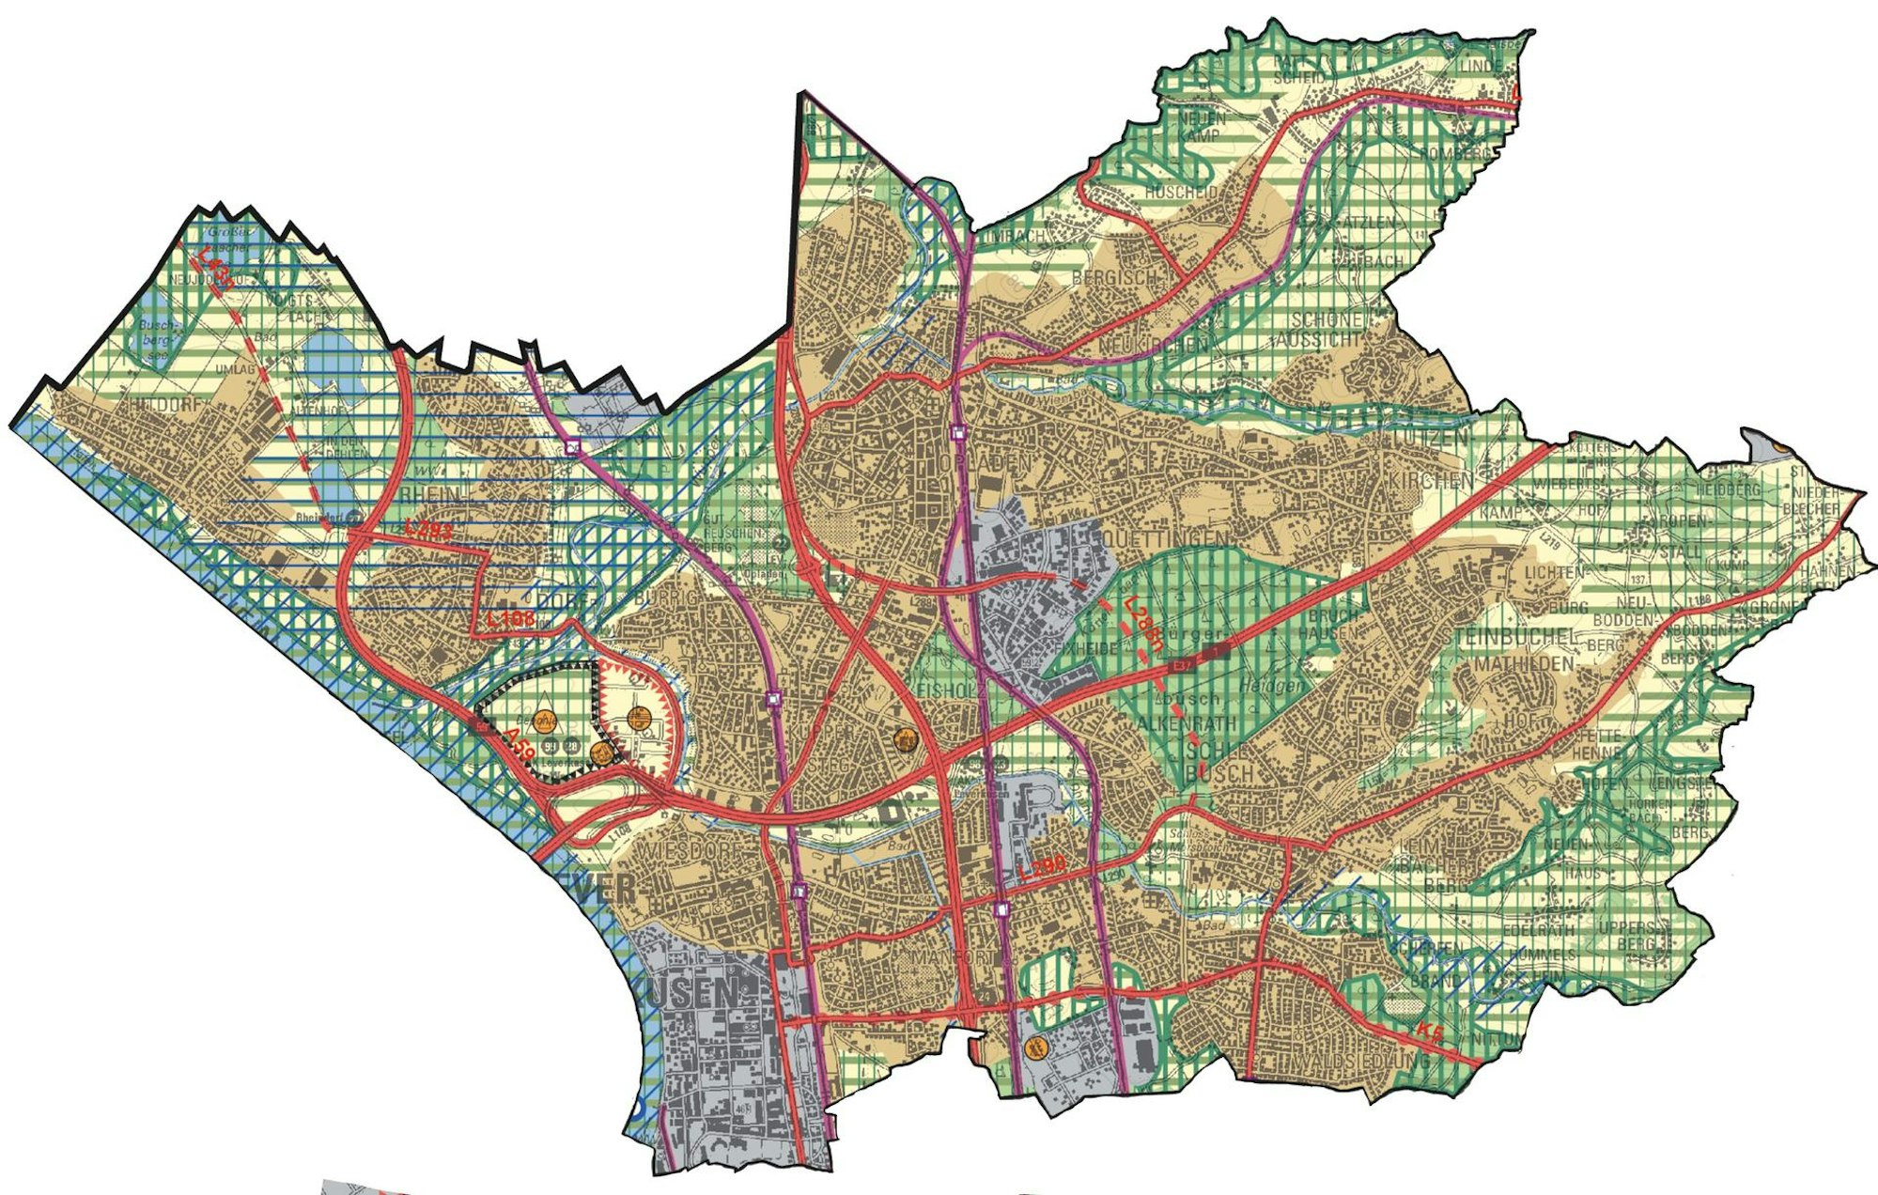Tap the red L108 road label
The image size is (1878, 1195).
[510, 620]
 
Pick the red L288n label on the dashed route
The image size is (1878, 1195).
[1142, 625]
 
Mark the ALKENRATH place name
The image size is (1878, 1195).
[1187, 723]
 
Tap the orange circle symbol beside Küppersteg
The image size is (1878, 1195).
[906, 740]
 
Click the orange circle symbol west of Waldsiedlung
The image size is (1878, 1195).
[1038, 1047]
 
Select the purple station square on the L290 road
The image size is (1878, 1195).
[1001, 908]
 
